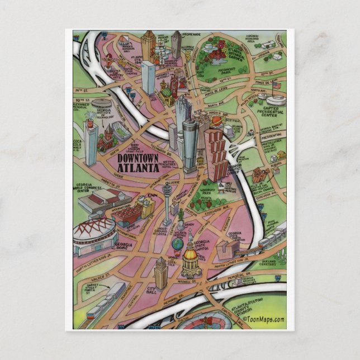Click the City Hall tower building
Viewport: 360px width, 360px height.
tap(161, 274)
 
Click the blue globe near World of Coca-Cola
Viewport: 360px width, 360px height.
tap(177, 244)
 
